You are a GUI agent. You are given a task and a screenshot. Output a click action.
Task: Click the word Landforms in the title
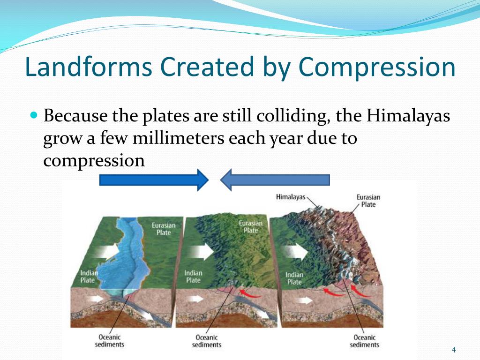[x=89, y=67]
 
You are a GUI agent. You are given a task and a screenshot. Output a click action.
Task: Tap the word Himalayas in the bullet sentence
[x=408, y=116]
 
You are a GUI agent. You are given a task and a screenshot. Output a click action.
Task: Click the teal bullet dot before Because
[x=34, y=115]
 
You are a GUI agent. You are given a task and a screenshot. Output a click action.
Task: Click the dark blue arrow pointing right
[x=154, y=180]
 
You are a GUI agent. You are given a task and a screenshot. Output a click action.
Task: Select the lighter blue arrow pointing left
[x=275, y=180]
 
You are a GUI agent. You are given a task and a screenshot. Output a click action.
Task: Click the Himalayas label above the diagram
[x=291, y=197]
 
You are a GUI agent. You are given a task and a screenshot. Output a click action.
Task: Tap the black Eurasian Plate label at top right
[x=368, y=201]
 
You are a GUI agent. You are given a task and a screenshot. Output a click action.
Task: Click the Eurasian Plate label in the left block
[x=164, y=229]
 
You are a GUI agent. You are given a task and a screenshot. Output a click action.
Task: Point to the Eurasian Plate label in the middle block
[x=251, y=226]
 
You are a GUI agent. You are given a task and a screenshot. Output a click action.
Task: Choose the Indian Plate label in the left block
[x=89, y=277]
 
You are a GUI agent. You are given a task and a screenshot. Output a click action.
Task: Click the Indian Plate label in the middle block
[x=193, y=277]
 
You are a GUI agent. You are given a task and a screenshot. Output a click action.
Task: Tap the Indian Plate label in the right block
[x=294, y=278]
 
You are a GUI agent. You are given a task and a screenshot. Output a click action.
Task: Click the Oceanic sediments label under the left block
[x=110, y=341]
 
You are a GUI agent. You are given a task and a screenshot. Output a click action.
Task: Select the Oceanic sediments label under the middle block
[x=207, y=341]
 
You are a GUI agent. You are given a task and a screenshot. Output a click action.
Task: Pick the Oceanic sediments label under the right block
[x=365, y=341]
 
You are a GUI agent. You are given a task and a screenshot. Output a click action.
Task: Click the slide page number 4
[x=454, y=350]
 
